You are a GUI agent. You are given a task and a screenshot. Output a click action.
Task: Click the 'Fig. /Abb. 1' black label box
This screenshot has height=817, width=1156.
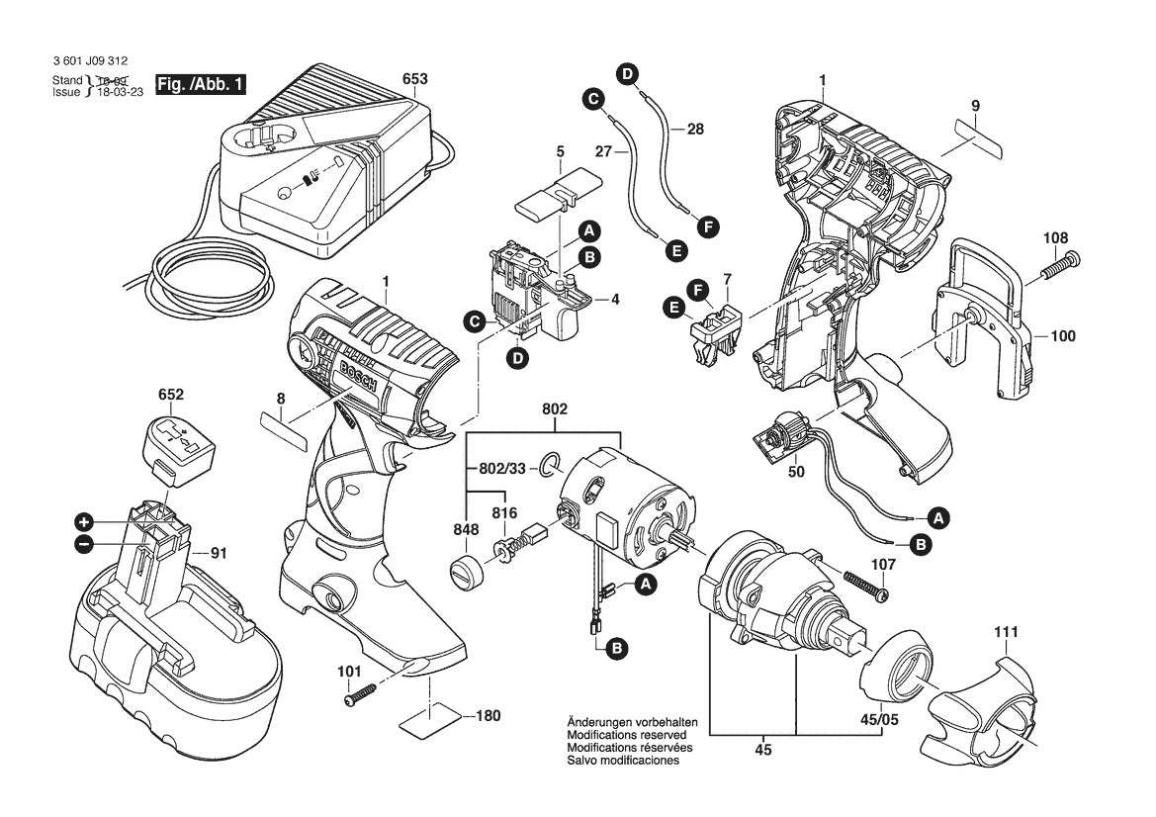201,85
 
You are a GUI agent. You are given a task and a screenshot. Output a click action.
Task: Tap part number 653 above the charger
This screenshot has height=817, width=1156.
415,79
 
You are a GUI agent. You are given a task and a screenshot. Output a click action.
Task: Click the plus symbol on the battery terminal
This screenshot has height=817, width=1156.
85,521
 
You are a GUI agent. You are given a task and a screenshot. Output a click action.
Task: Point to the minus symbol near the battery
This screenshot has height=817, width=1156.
85,543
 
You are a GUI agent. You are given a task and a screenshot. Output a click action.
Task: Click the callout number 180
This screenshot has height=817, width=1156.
488,715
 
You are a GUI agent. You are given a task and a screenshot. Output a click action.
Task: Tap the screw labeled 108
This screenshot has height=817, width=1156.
1058,262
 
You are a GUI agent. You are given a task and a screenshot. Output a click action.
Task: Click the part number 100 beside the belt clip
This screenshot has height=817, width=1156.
1062,336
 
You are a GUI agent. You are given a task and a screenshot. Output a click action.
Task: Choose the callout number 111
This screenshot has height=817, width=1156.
1007,631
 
